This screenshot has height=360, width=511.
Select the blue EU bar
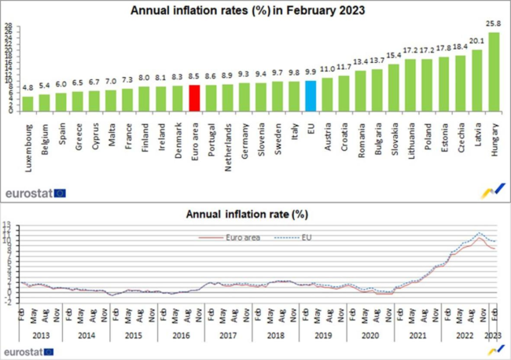(311, 94)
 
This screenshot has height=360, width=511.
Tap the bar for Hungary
(494, 72)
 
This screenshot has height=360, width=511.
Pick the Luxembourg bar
(28, 103)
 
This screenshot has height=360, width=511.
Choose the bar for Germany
(244, 96)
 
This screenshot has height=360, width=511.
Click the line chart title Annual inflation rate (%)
(245, 214)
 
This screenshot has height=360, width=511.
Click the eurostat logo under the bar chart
(35, 192)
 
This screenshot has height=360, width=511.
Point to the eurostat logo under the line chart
(35, 351)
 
